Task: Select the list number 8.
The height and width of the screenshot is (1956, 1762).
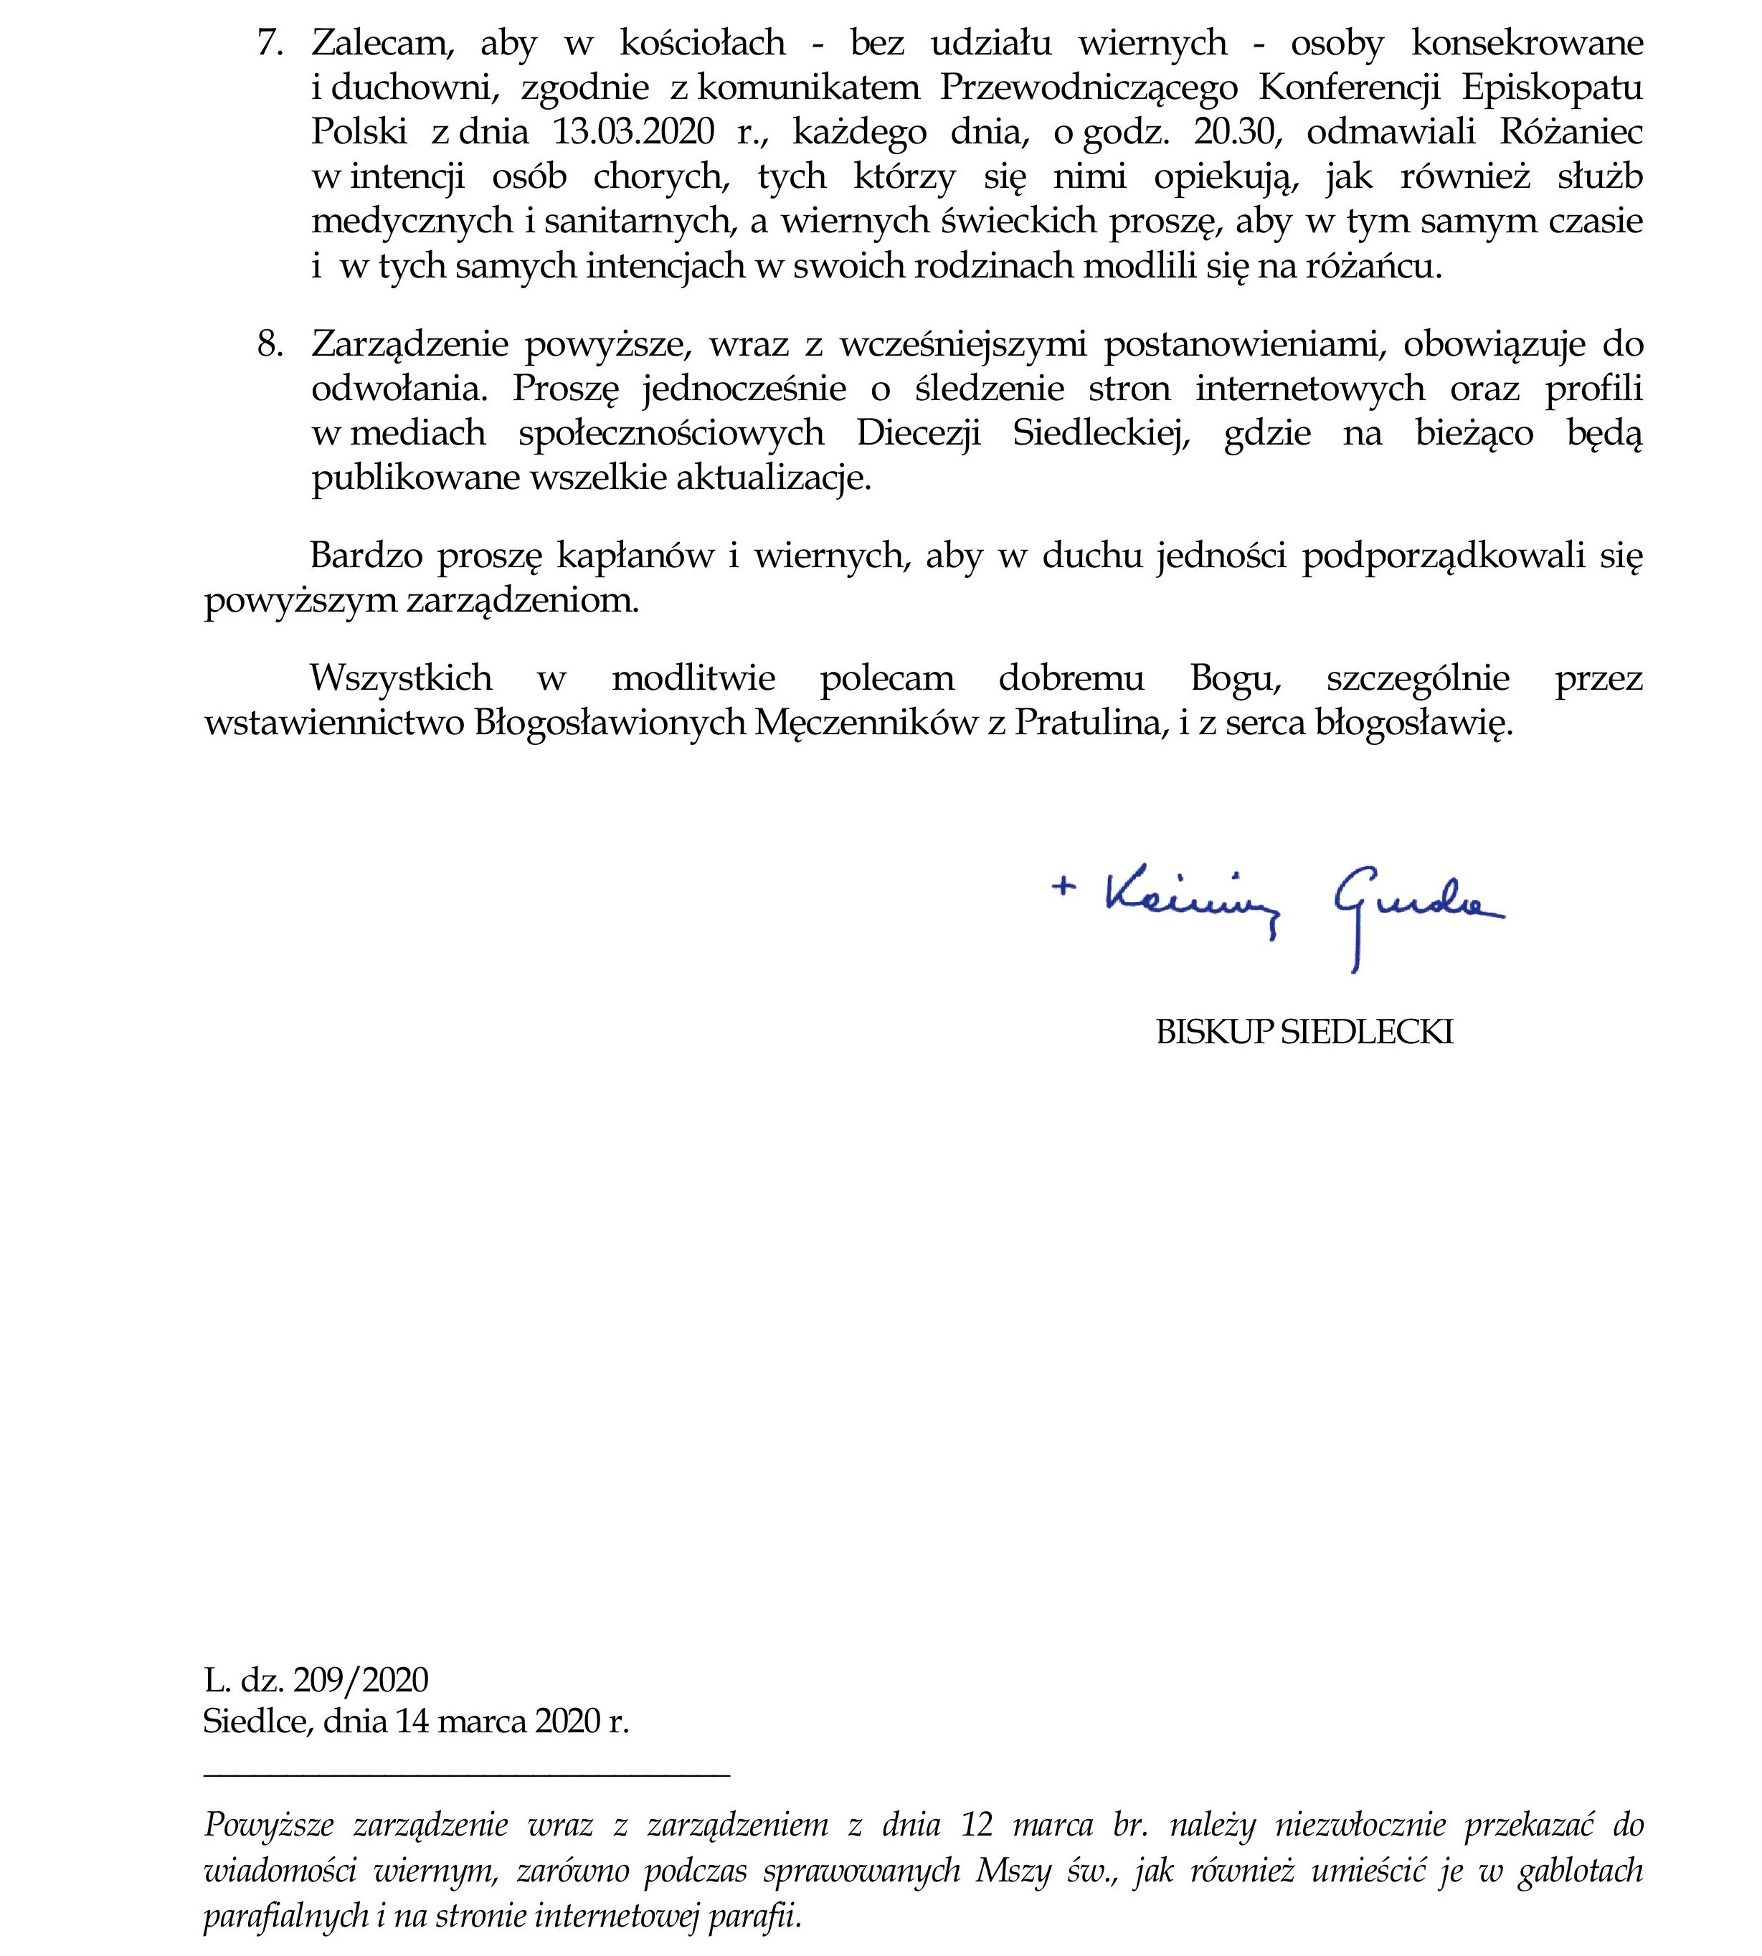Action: (269, 345)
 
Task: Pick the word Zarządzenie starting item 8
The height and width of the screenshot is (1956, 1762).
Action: (407, 345)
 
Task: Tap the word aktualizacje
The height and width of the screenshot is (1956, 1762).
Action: (772, 479)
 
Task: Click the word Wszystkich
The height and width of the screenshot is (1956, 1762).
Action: (401, 678)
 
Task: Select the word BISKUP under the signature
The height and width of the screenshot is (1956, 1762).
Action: (1214, 1032)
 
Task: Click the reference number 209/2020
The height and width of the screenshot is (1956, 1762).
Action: (360, 1679)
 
